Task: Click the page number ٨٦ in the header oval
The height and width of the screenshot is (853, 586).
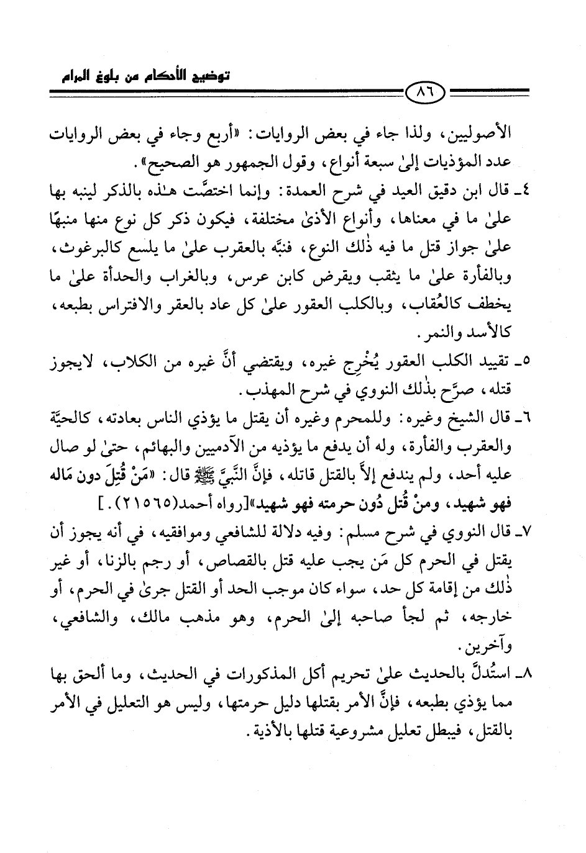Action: (x=426, y=96)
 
